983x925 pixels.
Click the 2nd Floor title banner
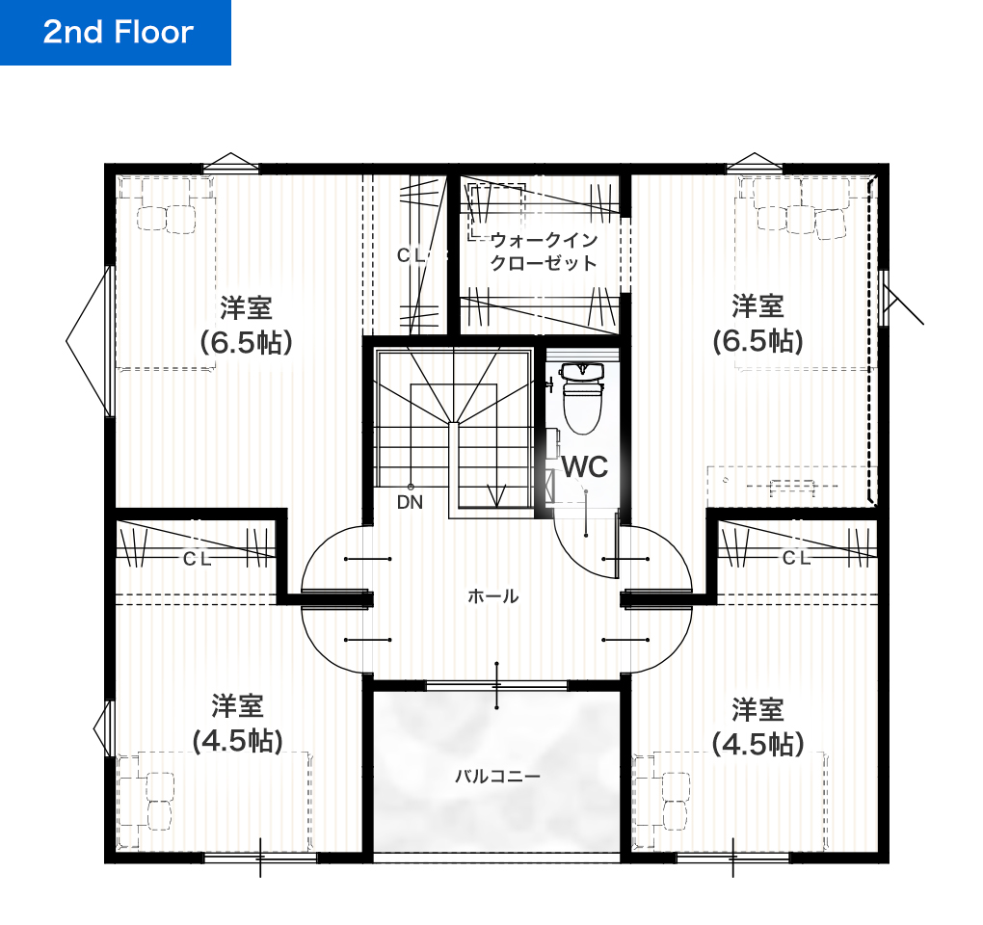[116, 33]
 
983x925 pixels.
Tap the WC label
[585, 467]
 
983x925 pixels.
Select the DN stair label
[410, 502]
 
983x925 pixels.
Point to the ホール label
[492, 596]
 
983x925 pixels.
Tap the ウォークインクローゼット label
[544, 251]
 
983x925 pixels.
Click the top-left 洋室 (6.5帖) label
[246, 326]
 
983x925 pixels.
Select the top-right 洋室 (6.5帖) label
[757, 324]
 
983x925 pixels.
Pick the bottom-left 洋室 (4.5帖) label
[238, 724]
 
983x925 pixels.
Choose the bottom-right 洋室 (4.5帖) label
[757, 727]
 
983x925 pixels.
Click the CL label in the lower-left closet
[198, 559]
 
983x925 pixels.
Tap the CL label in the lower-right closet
[796, 558]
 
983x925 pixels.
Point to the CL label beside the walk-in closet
[412, 255]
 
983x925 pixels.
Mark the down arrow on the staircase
[497, 495]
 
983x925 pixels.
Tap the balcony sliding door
[496, 686]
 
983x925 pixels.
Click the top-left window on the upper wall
[230, 164]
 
